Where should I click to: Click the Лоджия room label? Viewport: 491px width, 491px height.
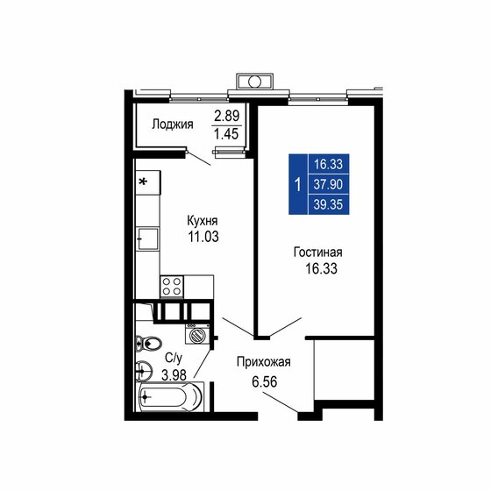[172, 124]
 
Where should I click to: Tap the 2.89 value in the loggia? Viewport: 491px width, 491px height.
[227, 116]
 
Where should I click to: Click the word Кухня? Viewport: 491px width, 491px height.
[203, 221]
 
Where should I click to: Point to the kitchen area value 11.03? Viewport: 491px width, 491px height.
[203, 237]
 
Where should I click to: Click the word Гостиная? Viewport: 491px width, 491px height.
[317, 253]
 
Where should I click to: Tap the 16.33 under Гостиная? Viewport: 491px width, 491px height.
[317, 269]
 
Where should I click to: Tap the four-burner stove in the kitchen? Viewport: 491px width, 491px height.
[171, 286]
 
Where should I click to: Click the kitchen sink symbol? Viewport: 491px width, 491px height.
[146, 238]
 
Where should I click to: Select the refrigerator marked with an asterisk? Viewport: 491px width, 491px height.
[146, 183]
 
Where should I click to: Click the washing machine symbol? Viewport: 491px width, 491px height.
[199, 334]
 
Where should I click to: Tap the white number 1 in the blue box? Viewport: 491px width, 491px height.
[298, 184]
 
